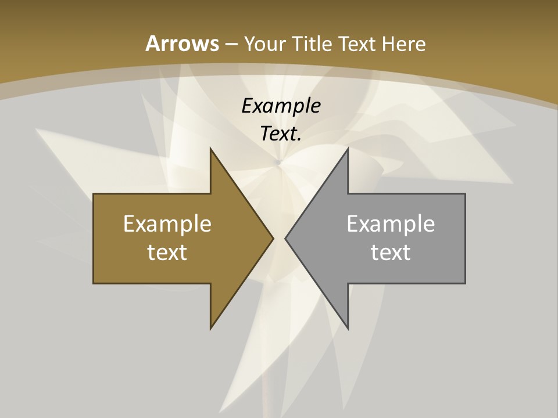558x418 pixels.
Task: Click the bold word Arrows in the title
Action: [x=182, y=44]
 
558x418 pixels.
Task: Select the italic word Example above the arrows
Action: [x=281, y=106]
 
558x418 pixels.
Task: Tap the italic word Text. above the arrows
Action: [x=280, y=134]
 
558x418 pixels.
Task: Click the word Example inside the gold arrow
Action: [x=167, y=224]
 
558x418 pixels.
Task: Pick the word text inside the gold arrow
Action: [x=167, y=252]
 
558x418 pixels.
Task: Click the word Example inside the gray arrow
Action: [x=391, y=224]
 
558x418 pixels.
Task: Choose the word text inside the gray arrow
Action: [x=391, y=252]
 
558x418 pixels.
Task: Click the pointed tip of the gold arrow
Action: [x=273, y=238]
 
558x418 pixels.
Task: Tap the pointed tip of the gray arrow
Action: [x=286, y=238]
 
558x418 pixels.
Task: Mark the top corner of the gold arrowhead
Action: [x=211, y=149]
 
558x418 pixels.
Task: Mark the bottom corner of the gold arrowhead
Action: [x=211, y=328]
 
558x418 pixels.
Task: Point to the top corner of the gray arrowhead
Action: [x=348, y=149]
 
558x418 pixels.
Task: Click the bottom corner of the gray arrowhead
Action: [x=348, y=328]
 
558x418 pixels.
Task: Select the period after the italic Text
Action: [x=299, y=140]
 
